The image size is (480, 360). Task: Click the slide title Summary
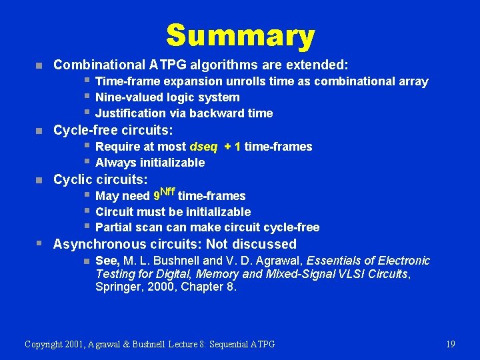pyautogui.click(x=240, y=36)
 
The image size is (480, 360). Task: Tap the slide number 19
pyautogui.click(x=450, y=344)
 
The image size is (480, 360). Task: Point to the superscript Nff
pyautogui.click(x=167, y=193)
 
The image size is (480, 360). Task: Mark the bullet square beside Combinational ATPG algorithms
pyautogui.click(x=39, y=66)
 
